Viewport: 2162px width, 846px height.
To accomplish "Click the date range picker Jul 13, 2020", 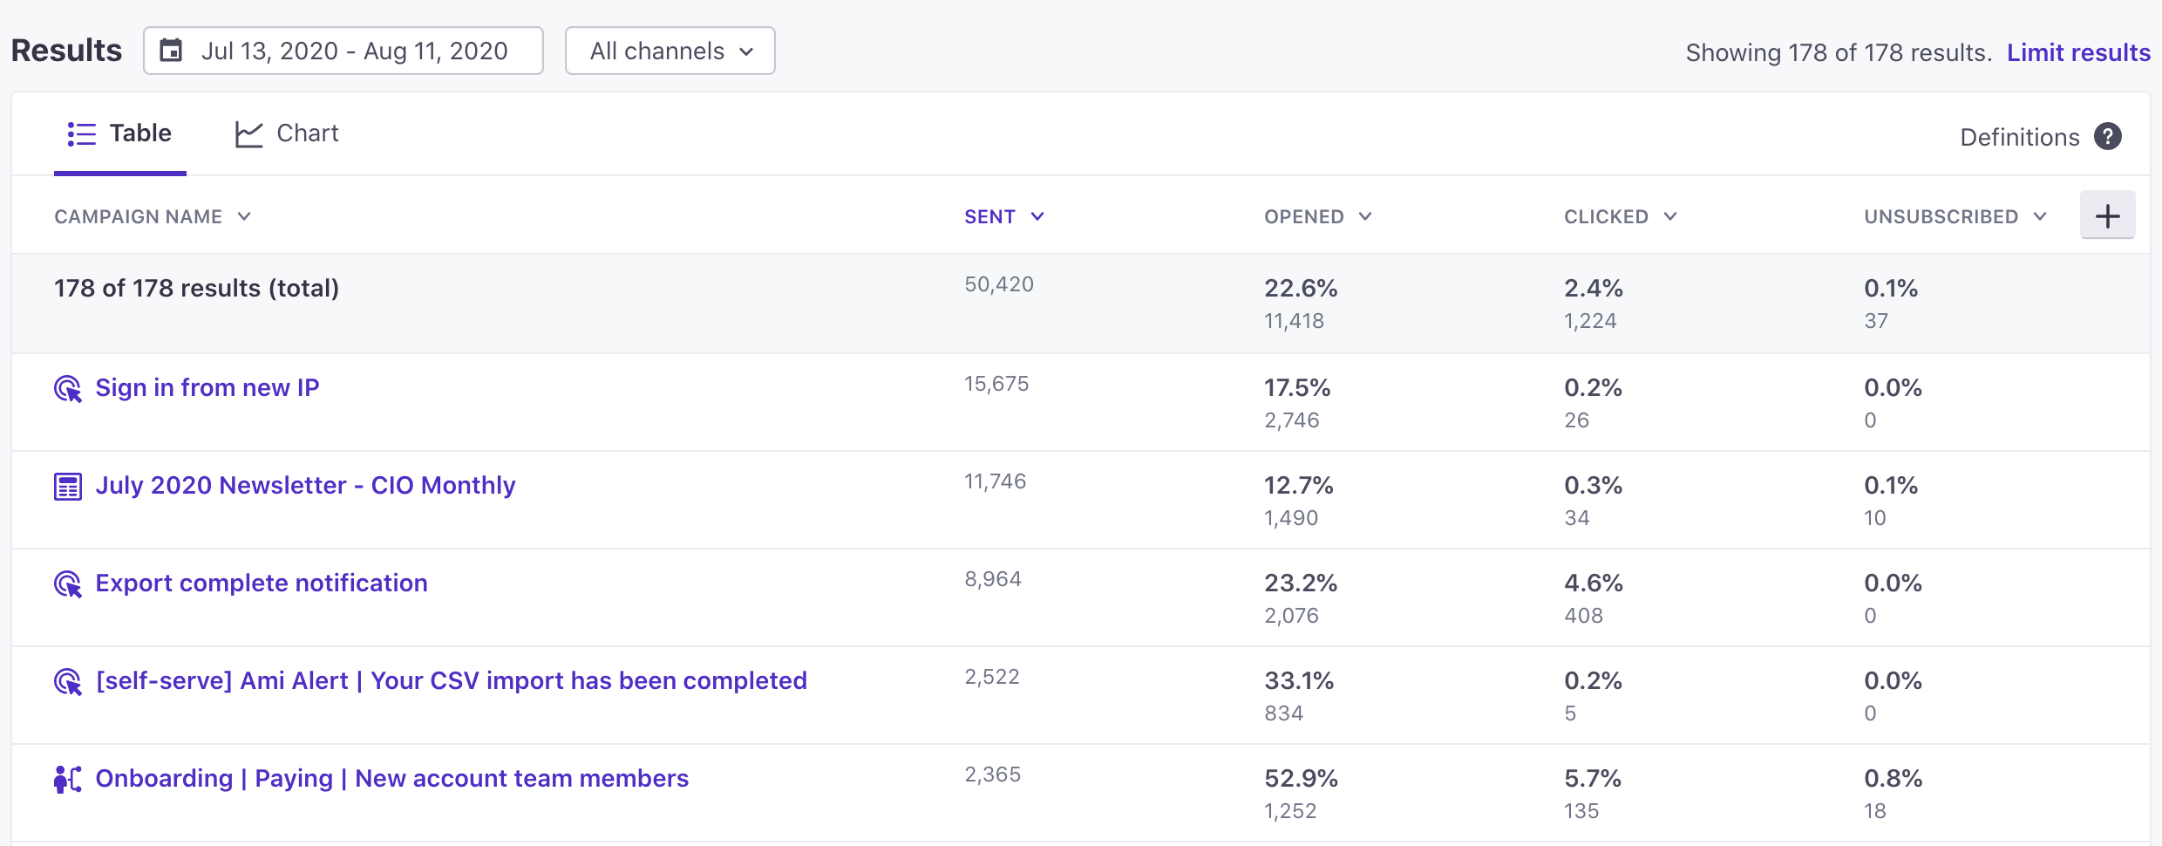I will tap(343, 51).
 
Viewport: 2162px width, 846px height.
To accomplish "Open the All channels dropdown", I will tap(670, 51).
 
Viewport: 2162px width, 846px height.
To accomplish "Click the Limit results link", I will tap(2078, 53).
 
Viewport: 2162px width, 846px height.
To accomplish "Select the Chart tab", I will tap(287, 133).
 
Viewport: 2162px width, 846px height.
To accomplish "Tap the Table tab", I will tap(120, 133).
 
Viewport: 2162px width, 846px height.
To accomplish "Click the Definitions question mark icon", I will tap(2108, 137).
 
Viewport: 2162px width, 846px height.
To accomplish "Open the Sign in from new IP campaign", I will tap(207, 388).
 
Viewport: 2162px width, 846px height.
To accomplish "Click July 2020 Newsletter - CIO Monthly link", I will tap(305, 486).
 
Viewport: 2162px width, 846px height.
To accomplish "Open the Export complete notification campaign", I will tap(262, 583).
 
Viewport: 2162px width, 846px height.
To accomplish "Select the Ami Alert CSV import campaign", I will tap(451, 681).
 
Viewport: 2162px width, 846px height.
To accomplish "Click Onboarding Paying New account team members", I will tap(391, 779).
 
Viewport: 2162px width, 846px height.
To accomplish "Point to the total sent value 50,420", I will tap(999, 284).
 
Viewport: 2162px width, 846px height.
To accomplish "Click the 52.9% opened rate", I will tap(1301, 779).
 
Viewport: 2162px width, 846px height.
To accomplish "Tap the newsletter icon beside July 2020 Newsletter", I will tap(68, 487).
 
